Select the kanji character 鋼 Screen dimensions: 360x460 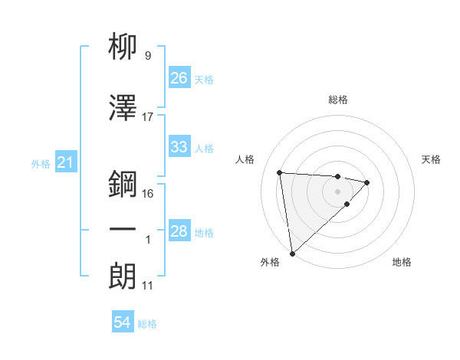[123, 184]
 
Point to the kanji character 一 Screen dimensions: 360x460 [123, 230]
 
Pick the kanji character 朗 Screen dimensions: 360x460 [123, 276]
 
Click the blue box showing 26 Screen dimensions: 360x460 [179, 78]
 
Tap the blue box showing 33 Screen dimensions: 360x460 [179, 147]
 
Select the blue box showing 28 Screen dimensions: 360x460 [179, 232]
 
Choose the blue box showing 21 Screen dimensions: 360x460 [65, 163]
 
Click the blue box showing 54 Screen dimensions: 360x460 [123, 323]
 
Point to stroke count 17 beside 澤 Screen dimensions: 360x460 [148, 117]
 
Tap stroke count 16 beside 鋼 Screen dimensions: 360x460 [148, 193]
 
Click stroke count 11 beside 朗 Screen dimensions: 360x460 [148, 286]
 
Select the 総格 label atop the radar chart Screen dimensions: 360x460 [337, 100]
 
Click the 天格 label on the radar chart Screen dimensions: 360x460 [432, 159]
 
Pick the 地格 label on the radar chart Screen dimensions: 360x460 [402, 262]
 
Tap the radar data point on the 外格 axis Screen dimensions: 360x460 [292, 253]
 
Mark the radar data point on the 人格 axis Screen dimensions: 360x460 [280, 172]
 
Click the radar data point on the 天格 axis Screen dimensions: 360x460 [368, 182]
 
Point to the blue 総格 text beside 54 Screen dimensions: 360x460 [147, 324]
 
